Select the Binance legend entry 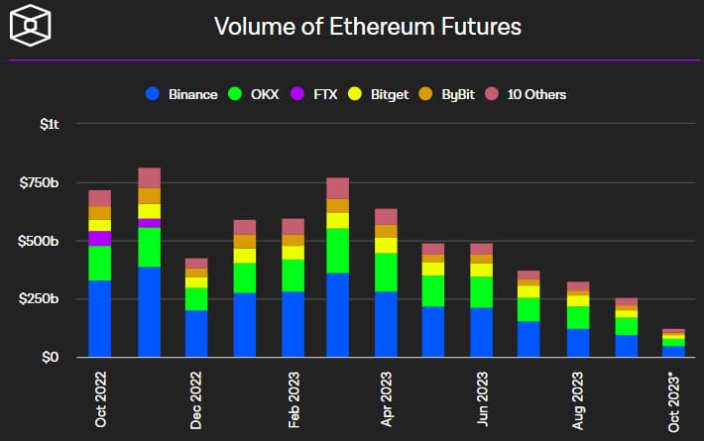click(x=183, y=94)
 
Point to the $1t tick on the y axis click(x=50, y=124)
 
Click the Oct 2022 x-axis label click(x=100, y=399)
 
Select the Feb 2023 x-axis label click(x=293, y=399)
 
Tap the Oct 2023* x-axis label click(x=674, y=399)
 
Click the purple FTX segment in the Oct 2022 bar click(x=100, y=238)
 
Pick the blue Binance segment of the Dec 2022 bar click(x=196, y=333)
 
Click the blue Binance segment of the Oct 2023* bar click(x=674, y=351)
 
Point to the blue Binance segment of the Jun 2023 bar click(x=482, y=332)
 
